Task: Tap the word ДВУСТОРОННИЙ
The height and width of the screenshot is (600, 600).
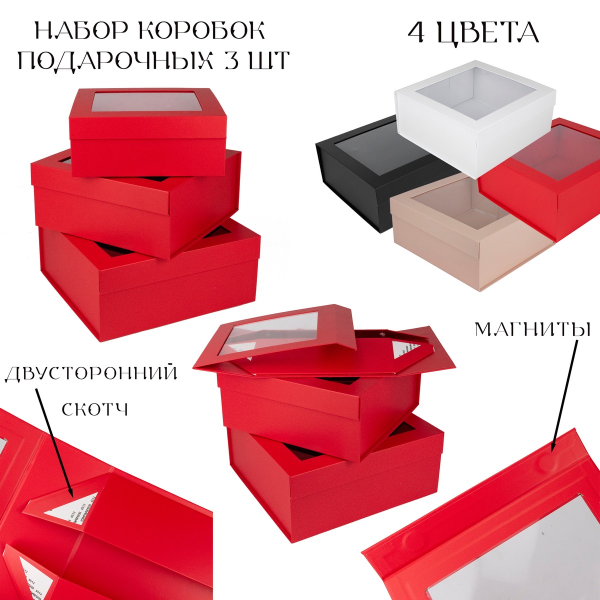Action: [91, 374]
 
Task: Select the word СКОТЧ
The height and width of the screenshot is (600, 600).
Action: [95, 409]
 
